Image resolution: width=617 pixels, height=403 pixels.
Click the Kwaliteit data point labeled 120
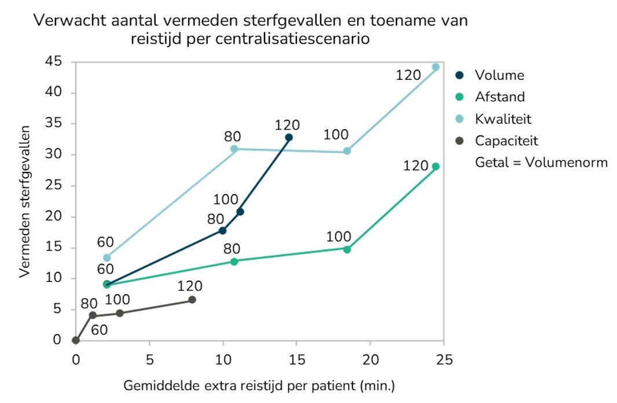coord(436,67)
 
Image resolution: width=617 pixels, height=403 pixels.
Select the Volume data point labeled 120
coord(289,137)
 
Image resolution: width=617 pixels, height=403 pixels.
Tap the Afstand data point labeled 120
coord(436,166)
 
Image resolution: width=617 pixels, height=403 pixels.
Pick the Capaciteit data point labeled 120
coord(192,299)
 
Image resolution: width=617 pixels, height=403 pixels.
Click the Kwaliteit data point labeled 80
coord(234,149)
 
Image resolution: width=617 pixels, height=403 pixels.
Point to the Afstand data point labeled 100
coord(347,250)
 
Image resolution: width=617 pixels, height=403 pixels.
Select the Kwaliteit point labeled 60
coord(106,258)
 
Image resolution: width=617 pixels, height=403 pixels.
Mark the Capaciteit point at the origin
coord(76,340)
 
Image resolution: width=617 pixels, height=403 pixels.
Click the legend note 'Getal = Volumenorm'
coord(541,162)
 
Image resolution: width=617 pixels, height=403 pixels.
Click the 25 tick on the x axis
coord(444,359)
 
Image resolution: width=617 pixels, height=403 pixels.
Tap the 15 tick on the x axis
coord(296,359)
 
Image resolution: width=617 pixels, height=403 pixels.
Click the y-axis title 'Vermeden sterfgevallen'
coord(24,201)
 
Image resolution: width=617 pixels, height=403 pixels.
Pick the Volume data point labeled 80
coord(222,230)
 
